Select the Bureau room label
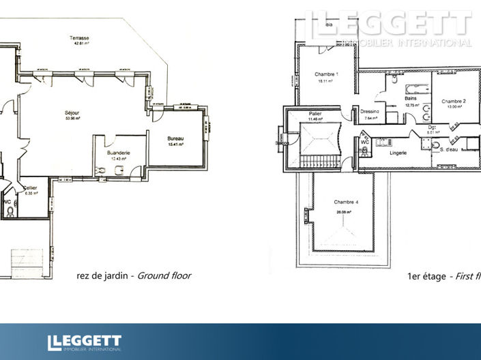[x=176, y=139]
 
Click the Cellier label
[x=30, y=187]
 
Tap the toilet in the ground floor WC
[x=10, y=211]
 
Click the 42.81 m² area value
[x=82, y=44]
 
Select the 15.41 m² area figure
[x=176, y=145]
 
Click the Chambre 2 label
[x=453, y=101]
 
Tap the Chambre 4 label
[x=347, y=202]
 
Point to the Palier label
[x=315, y=113]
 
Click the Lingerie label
[x=398, y=153]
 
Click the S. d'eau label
[x=449, y=149]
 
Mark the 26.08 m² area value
[x=346, y=212]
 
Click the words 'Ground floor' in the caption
[x=164, y=275]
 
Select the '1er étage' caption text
[x=425, y=275]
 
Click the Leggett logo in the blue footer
[x=84, y=342]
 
